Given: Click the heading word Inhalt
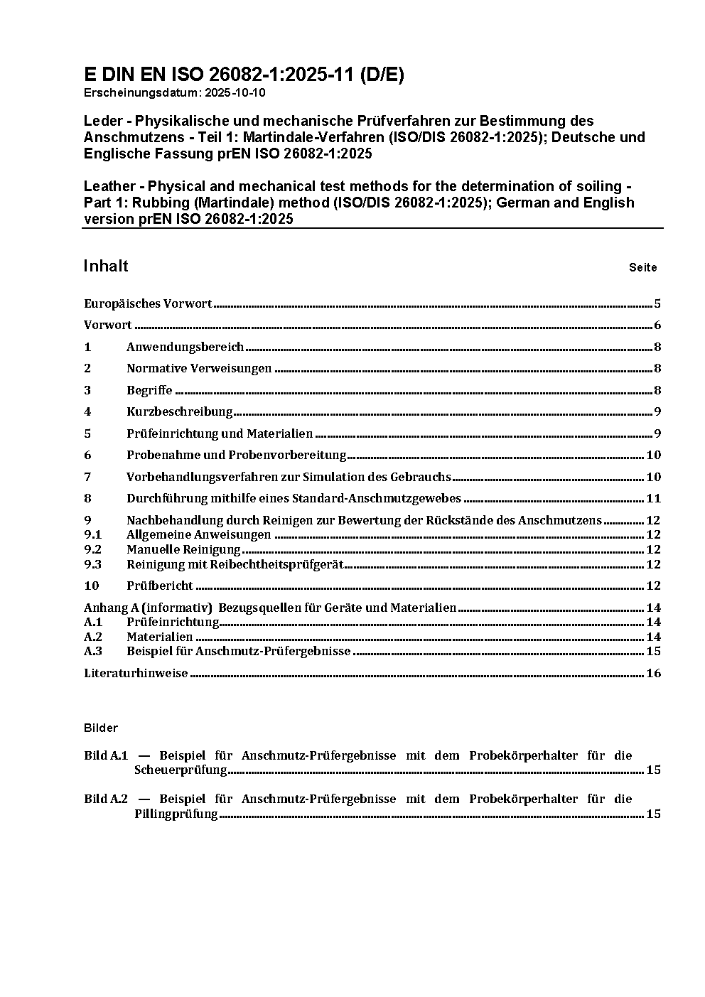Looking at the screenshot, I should coord(106,266).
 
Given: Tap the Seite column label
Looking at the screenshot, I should coord(642,268).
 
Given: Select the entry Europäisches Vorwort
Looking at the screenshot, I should coord(148,303).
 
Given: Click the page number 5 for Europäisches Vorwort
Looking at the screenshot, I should coord(657,304).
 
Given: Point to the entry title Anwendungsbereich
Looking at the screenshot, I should coord(185,347).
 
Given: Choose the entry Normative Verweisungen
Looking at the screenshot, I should coord(199,368).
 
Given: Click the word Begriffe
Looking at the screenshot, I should coord(149,390).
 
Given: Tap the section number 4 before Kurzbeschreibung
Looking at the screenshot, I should coord(87,411).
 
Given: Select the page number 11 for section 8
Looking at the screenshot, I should coord(653,499).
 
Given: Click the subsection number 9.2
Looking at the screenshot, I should coord(92,549).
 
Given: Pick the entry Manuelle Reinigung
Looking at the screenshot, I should coord(183,549).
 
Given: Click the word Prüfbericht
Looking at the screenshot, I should coord(160,586).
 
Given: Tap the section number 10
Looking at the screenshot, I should coord(91,586).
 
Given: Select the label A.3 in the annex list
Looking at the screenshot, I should coord(93,651).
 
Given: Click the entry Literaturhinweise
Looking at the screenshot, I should coord(136,673).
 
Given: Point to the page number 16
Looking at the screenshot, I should coord(653,673).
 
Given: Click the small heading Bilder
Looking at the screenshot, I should coord(100,728).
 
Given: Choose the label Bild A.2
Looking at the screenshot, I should coord(105,799).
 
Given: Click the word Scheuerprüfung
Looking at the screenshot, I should coord(181,770).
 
